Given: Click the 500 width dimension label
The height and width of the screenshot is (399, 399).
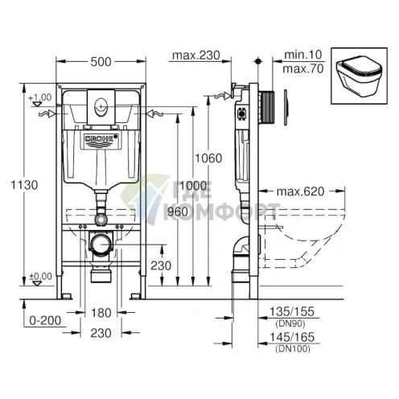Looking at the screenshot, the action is (x=101, y=62).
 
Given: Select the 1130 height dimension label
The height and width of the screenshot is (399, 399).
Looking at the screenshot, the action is (x=24, y=185).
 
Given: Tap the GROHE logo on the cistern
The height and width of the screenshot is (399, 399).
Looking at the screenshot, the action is (x=101, y=138).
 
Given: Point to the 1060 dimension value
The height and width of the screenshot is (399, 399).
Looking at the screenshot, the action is (x=208, y=158).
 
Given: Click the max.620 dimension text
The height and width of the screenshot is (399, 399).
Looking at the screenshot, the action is (x=300, y=191).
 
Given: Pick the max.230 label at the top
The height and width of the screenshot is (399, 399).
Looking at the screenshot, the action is (x=196, y=56).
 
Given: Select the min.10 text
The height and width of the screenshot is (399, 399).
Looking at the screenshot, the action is (x=303, y=55).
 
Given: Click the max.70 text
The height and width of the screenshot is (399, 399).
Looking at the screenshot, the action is (x=303, y=69).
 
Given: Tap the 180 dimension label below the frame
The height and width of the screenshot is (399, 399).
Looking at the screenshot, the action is (x=101, y=313).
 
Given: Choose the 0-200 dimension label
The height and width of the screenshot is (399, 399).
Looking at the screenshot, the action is (x=45, y=320).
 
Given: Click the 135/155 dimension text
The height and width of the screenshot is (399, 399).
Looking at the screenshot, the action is (x=292, y=311).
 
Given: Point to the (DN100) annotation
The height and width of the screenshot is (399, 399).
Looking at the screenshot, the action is (x=293, y=348).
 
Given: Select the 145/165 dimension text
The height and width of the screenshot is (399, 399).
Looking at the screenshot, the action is (x=292, y=337).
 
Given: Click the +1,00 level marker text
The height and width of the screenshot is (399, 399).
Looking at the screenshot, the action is (x=40, y=97).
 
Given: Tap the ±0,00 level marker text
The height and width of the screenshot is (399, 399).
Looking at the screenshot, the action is (x=40, y=276).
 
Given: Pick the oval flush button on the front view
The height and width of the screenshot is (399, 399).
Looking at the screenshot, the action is (x=101, y=108).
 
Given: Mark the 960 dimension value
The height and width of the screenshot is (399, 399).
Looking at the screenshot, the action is (x=178, y=212).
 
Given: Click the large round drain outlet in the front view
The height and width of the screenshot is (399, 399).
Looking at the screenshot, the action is (x=101, y=245).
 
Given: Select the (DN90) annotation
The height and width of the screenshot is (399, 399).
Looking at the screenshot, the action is (x=290, y=323).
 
